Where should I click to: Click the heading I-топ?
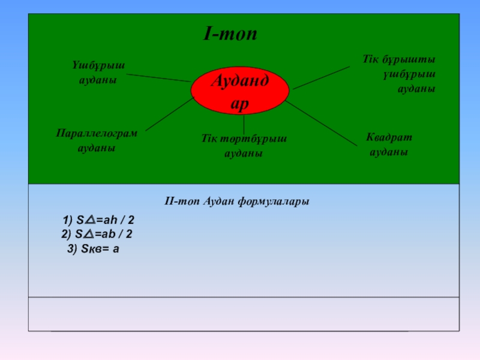[230, 34]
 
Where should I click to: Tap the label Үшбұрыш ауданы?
[98, 72]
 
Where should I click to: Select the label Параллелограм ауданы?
[97, 140]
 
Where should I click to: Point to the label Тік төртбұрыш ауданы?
[244, 146]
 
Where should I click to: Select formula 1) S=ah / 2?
[98, 221]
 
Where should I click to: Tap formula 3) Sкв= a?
[93, 248]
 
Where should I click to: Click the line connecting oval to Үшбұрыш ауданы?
[159, 78]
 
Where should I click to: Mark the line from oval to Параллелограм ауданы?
[170, 114]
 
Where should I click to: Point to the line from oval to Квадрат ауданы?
[321, 122]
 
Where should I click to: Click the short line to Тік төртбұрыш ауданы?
[244, 124]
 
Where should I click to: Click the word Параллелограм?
[97, 133]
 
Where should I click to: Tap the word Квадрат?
[389, 138]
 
